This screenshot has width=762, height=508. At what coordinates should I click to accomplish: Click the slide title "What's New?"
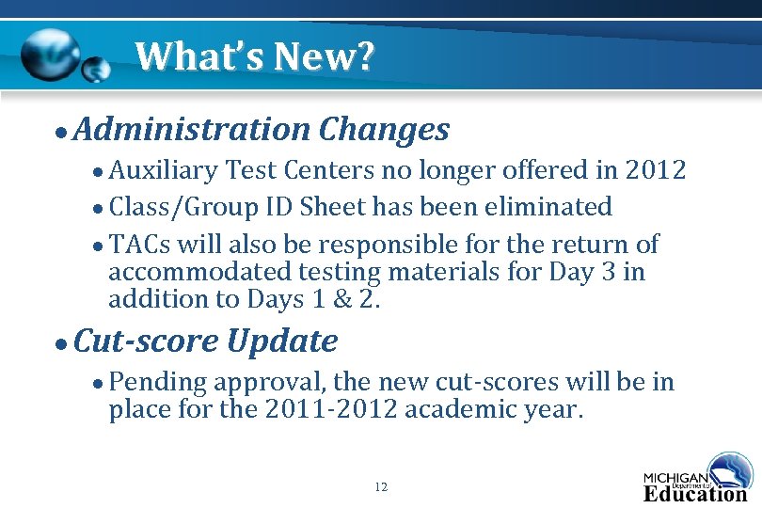254,56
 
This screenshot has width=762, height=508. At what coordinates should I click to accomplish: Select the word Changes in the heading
384,129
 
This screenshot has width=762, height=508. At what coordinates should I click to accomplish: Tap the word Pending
158,382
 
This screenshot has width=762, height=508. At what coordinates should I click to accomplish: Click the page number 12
380,487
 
